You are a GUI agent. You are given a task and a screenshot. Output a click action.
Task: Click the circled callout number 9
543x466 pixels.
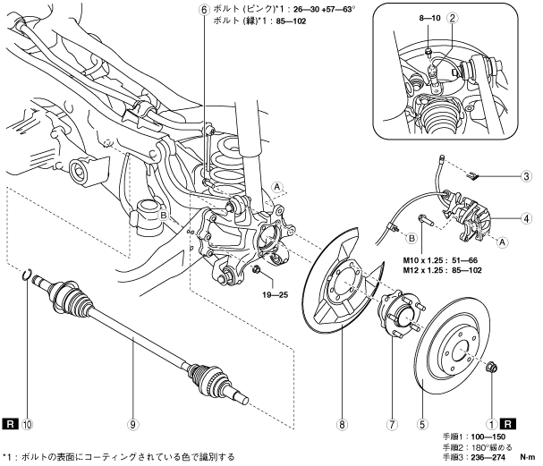[x=133, y=424]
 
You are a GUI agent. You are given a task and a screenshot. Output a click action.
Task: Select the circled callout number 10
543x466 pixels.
[x=27, y=424]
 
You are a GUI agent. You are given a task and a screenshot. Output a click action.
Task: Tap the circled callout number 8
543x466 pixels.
[x=342, y=424]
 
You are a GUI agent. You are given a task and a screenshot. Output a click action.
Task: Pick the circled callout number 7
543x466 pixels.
[x=392, y=424]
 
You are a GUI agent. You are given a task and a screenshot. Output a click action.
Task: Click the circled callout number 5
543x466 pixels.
[x=422, y=424]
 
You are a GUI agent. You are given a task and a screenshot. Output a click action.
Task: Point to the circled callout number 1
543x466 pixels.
[x=491, y=424]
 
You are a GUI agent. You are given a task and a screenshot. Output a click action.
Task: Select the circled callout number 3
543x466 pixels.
[x=526, y=176]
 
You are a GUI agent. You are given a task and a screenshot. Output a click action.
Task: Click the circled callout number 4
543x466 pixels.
[x=526, y=218]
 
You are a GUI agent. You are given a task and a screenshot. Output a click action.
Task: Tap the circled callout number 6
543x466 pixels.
[x=204, y=9]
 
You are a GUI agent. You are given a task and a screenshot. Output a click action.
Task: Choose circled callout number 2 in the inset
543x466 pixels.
[x=452, y=18]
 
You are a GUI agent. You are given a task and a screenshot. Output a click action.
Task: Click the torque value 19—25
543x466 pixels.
[x=275, y=295]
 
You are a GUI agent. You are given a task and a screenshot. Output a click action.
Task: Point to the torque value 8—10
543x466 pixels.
[x=429, y=18]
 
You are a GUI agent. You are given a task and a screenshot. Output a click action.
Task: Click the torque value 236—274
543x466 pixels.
[x=488, y=457]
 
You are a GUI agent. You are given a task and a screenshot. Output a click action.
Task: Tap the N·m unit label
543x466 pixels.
[x=528, y=457]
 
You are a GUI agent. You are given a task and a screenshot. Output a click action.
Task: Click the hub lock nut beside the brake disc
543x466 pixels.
[x=491, y=367]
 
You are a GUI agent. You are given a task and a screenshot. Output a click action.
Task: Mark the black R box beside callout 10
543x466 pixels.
[x=10, y=424]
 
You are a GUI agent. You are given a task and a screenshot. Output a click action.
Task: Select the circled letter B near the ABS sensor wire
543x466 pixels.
[x=411, y=238]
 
